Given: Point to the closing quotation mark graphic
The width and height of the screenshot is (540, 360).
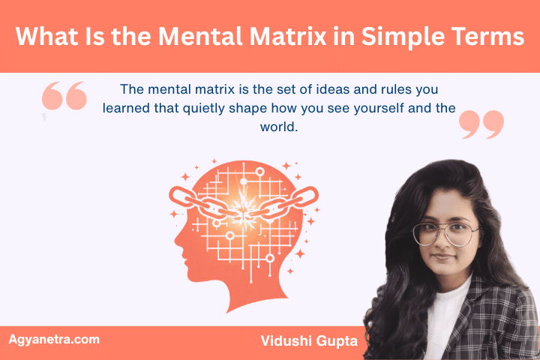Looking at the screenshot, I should coord(481,124).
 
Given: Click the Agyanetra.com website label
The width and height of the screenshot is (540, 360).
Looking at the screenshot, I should coord(53,339).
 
